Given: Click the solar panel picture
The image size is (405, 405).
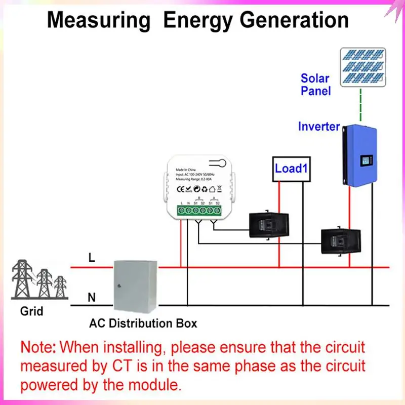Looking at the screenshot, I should [362, 67].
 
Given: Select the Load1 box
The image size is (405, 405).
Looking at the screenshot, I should [291, 168].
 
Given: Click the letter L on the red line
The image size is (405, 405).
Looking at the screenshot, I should [91, 258].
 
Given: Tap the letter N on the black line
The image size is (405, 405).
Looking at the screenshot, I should [92, 298].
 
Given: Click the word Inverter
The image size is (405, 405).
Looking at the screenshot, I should [318, 127].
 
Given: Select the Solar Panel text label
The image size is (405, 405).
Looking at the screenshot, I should [315, 85].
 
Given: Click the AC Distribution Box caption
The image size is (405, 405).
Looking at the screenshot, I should [143, 322].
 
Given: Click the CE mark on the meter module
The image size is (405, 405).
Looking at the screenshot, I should [181, 189].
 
